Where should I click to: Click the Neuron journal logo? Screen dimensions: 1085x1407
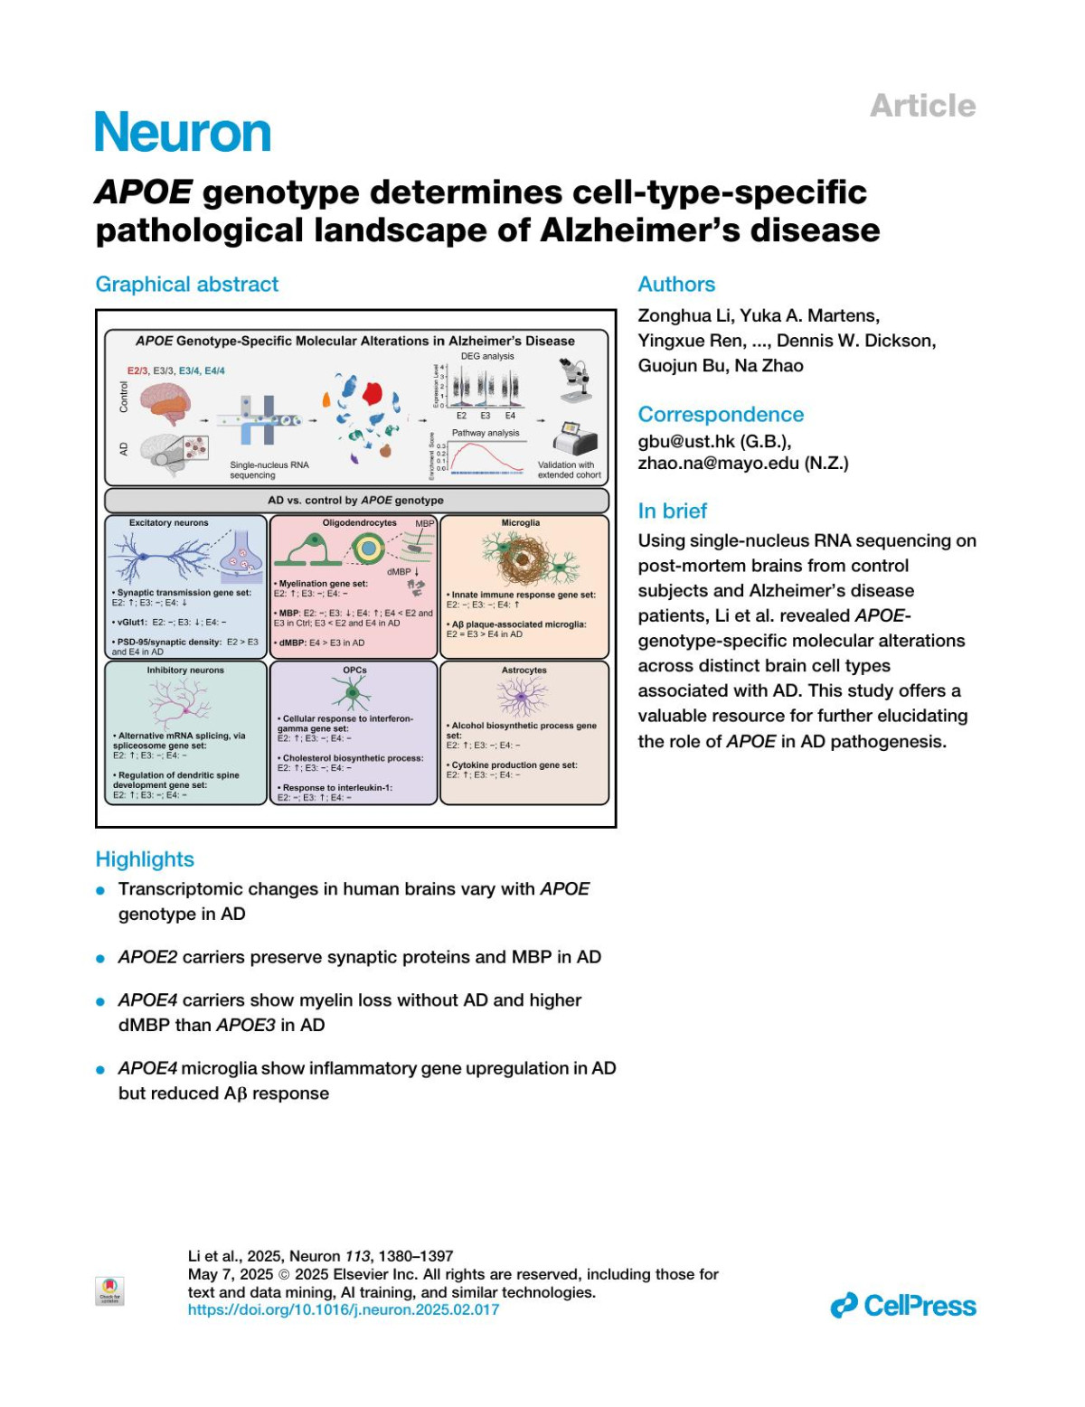click(x=183, y=133)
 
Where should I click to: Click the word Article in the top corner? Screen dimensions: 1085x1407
click(x=922, y=106)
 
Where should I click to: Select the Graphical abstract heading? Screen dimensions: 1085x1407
click(x=187, y=285)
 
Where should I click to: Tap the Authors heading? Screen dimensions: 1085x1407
click(x=676, y=285)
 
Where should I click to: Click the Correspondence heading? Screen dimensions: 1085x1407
click(x=721, y=415)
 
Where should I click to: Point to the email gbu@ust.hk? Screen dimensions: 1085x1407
click(x=687, y=441)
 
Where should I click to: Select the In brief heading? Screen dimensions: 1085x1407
click(x=673, y=511)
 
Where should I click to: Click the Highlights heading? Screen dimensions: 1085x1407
click(x=145, y=859)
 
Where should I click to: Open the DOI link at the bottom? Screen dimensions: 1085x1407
click(x=344, y=1309)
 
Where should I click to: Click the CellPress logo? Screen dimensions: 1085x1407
click(x=903, y=1306)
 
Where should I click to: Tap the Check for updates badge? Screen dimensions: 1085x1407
click(x=109, y=1290)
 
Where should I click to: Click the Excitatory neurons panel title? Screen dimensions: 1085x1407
click(x=168, y=523)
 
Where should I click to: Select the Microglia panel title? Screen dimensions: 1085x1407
click(x=521, y=523)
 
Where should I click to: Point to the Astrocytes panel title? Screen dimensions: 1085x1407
click(x=524, y=671)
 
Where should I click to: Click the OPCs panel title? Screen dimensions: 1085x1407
click(x=354, y=671)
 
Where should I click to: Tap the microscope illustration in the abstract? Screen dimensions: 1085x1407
click(x=575, y=380)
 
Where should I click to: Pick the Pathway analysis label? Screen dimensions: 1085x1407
click(x=486, y=433)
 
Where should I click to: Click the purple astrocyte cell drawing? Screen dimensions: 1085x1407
click(x=523, y=697)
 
